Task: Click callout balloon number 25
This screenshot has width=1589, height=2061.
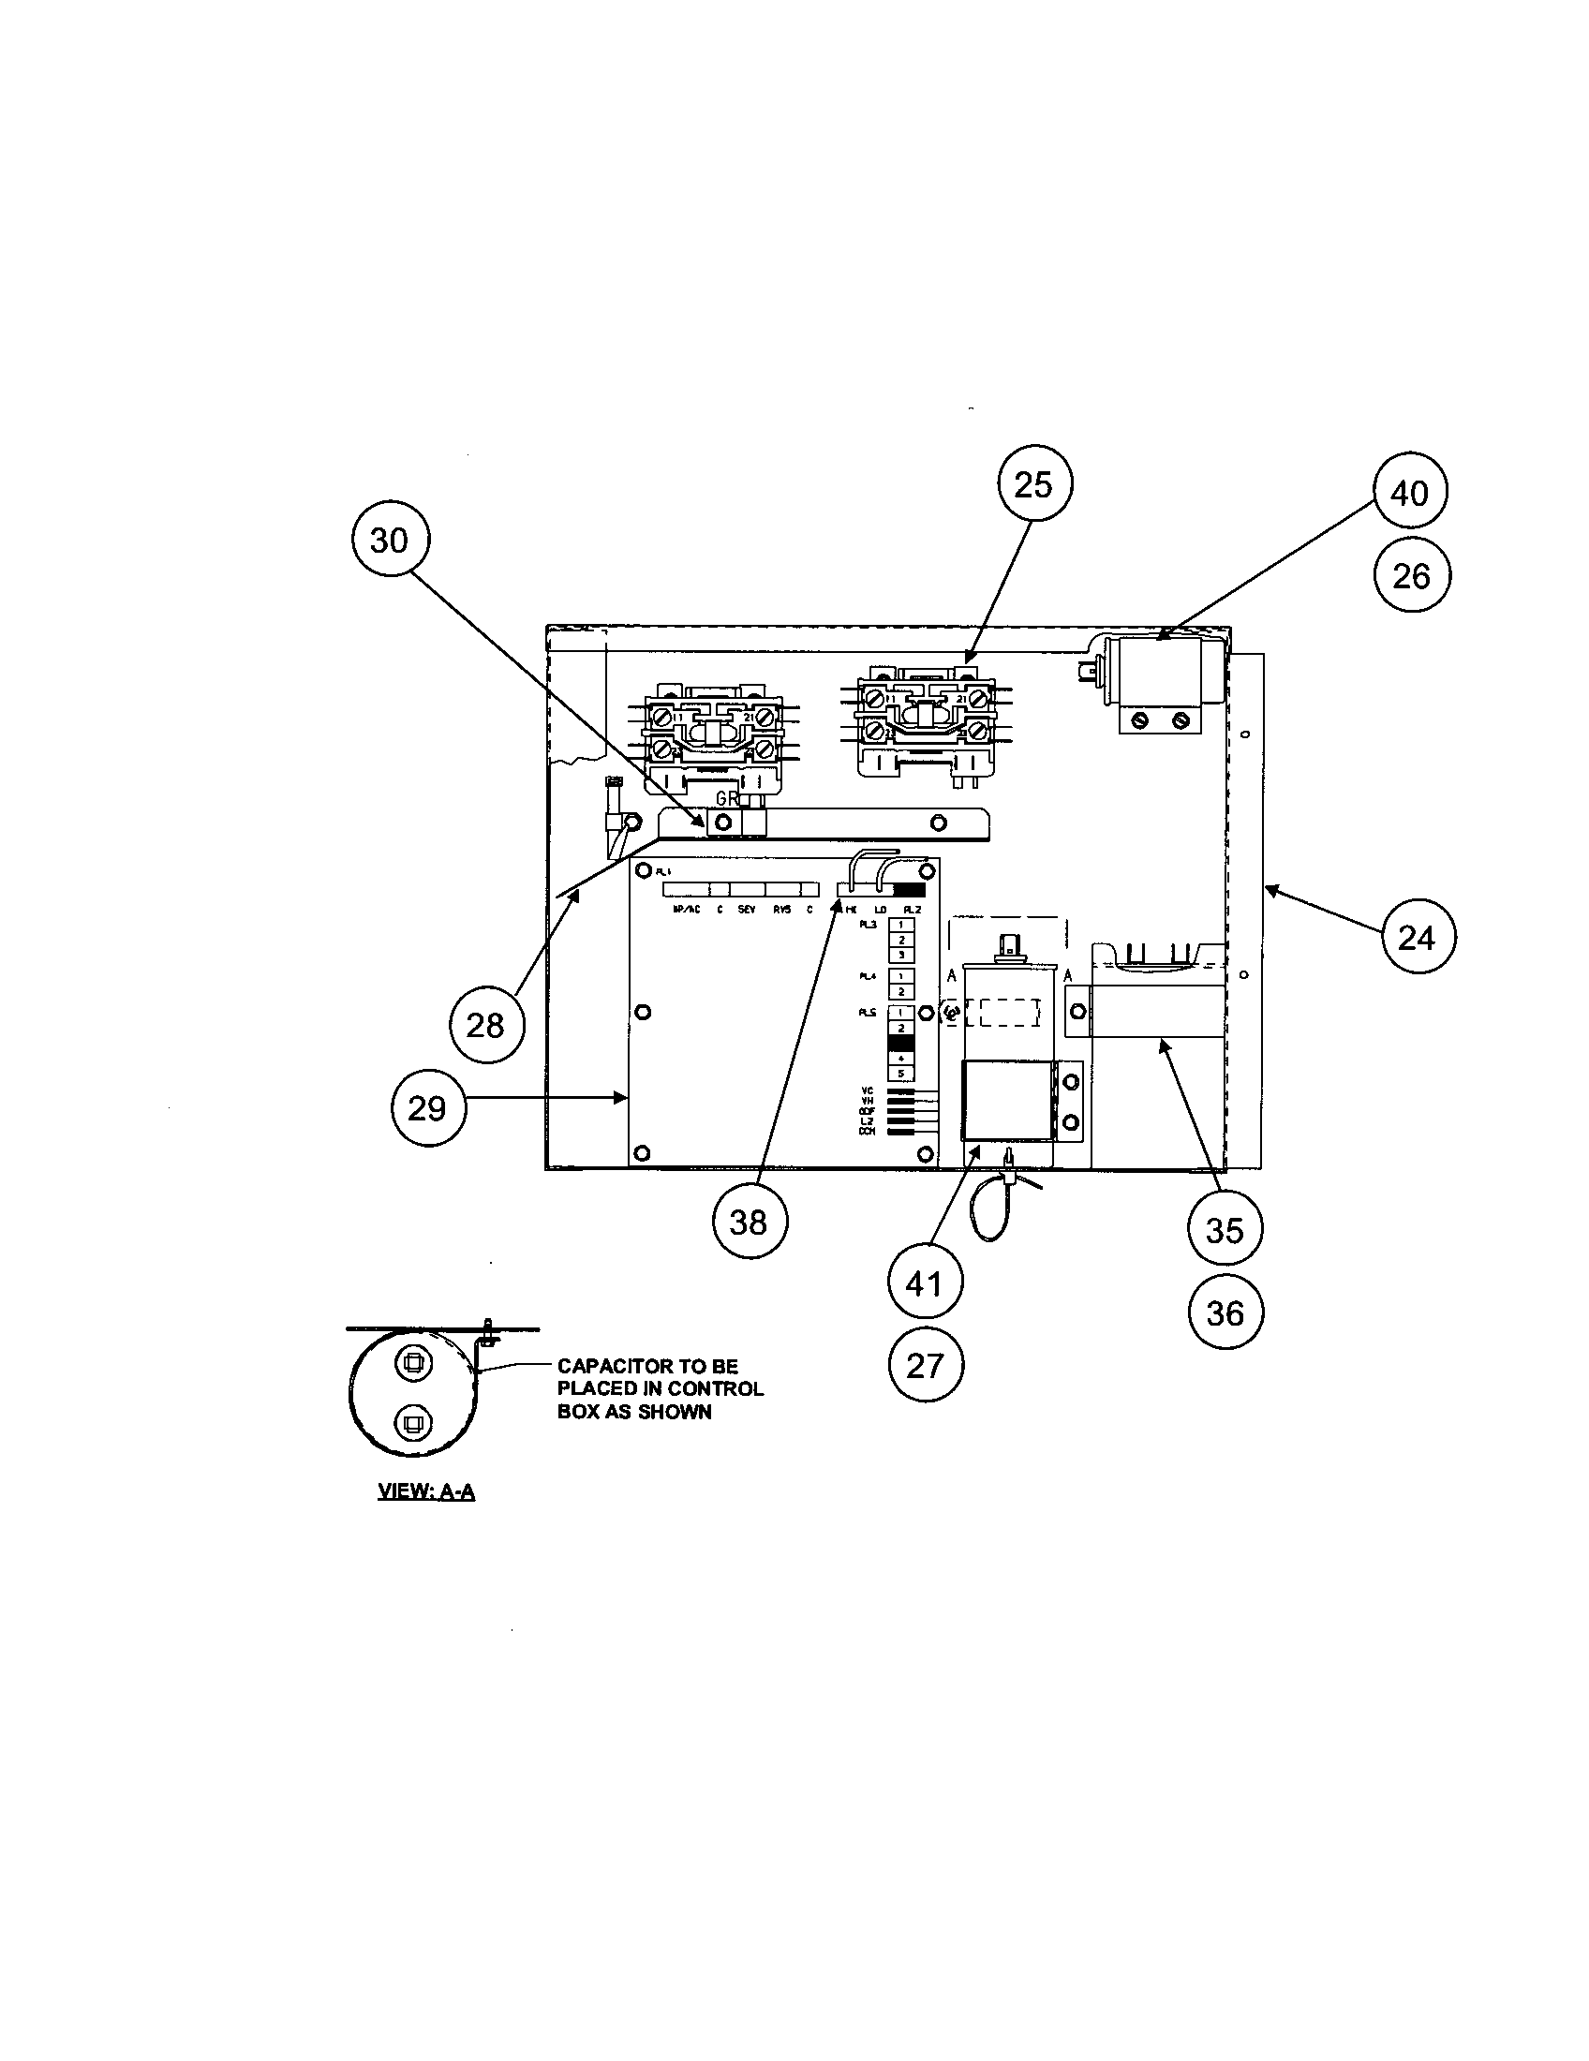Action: click(x=1033, y=485)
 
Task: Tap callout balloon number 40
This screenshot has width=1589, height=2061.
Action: click(x=1410, y=493)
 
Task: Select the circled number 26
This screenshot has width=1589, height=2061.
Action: click(x=1411, y=575)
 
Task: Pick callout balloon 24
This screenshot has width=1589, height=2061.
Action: click(x=1417, y=937)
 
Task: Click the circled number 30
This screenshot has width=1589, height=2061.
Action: click(x=389, y=541)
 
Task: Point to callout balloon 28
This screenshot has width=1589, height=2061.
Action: click(x=485, y=1025)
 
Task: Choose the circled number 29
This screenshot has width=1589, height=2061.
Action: click(x=426, y=1108)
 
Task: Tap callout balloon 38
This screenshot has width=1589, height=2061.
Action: click(x=749, y=1222)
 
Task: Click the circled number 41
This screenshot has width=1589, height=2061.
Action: click(x=924, y=1283)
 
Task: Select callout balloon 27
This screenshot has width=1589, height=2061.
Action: click(x=925, y=1366)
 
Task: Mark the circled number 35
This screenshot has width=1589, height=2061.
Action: click(x=1225, y=1230)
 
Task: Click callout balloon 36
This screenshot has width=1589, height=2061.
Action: click(x=1225, y=1312)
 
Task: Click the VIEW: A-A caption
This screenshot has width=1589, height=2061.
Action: click(x=425, y=1492)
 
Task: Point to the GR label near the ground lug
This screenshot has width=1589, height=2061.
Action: click(x=726, y=798)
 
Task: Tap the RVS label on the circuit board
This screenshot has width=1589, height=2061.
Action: click(x=781, y=910)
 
